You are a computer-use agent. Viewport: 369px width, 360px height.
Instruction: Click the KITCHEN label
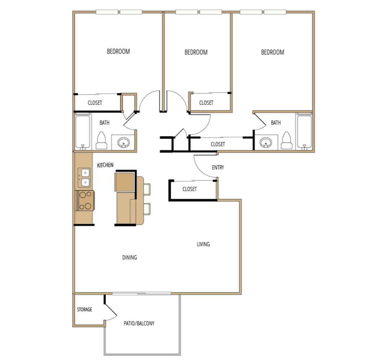(x=105, y=165)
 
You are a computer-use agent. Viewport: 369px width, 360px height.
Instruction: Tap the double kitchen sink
(x=85, y=177)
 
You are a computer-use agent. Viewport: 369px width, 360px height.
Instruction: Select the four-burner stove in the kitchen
(x=85, y=201)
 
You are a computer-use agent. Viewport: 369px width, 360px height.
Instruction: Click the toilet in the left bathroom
(x=101, y=141)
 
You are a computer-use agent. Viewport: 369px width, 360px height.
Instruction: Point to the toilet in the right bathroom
(x=287, y=141)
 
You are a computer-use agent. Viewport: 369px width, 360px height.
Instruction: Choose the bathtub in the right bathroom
(x=304, y=132)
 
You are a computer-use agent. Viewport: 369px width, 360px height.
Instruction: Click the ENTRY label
(x=218, y=167)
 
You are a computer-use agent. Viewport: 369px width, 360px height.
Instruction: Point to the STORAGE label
(x=84, y=310)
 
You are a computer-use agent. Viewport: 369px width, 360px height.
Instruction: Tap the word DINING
(x=129, y=257)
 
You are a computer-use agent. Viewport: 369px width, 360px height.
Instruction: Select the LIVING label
(x=203, y=244)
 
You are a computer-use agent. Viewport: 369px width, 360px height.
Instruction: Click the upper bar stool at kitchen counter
(x=147, y=189)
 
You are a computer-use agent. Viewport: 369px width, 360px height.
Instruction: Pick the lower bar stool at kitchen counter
(x=147, y=209)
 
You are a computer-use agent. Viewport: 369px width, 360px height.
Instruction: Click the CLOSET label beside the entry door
(x=190, y=189)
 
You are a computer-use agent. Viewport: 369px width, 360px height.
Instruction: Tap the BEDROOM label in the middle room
(x=196, y=52)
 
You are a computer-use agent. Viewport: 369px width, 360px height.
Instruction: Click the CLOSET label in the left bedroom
(x=95, y=103)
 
